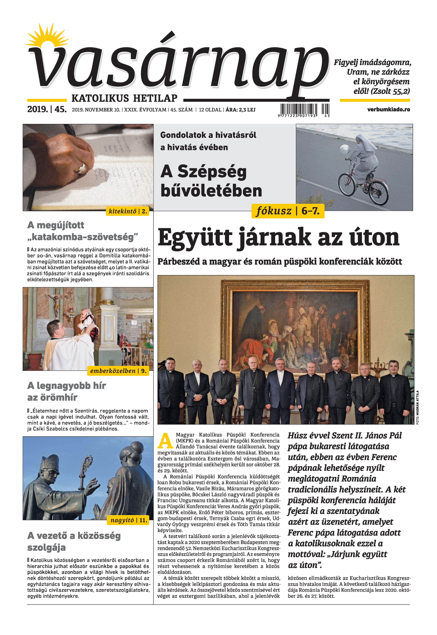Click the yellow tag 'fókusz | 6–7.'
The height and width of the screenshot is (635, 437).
coord(287,211)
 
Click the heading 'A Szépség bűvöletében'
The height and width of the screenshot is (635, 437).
coord(211,181)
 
